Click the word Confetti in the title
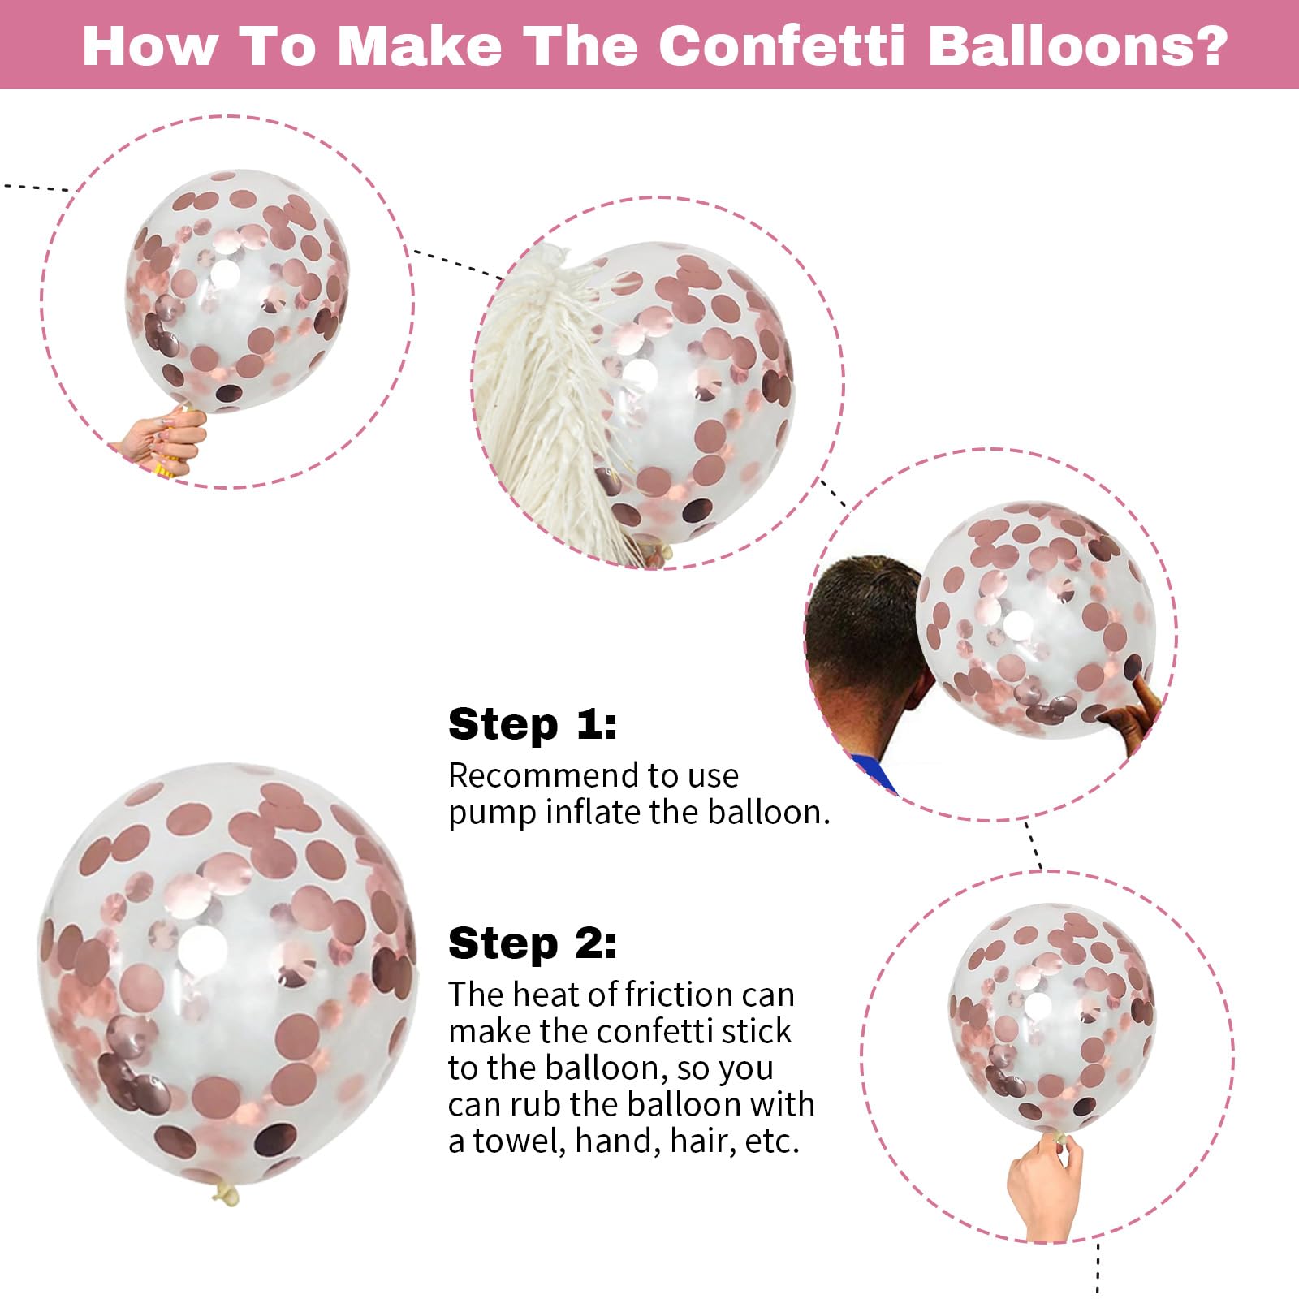[x=782, y=45]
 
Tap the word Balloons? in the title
[x=1077, y=45]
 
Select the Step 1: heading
[x=533, y=723]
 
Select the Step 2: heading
[x=533, y=943]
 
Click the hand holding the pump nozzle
[x=162, y=442]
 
